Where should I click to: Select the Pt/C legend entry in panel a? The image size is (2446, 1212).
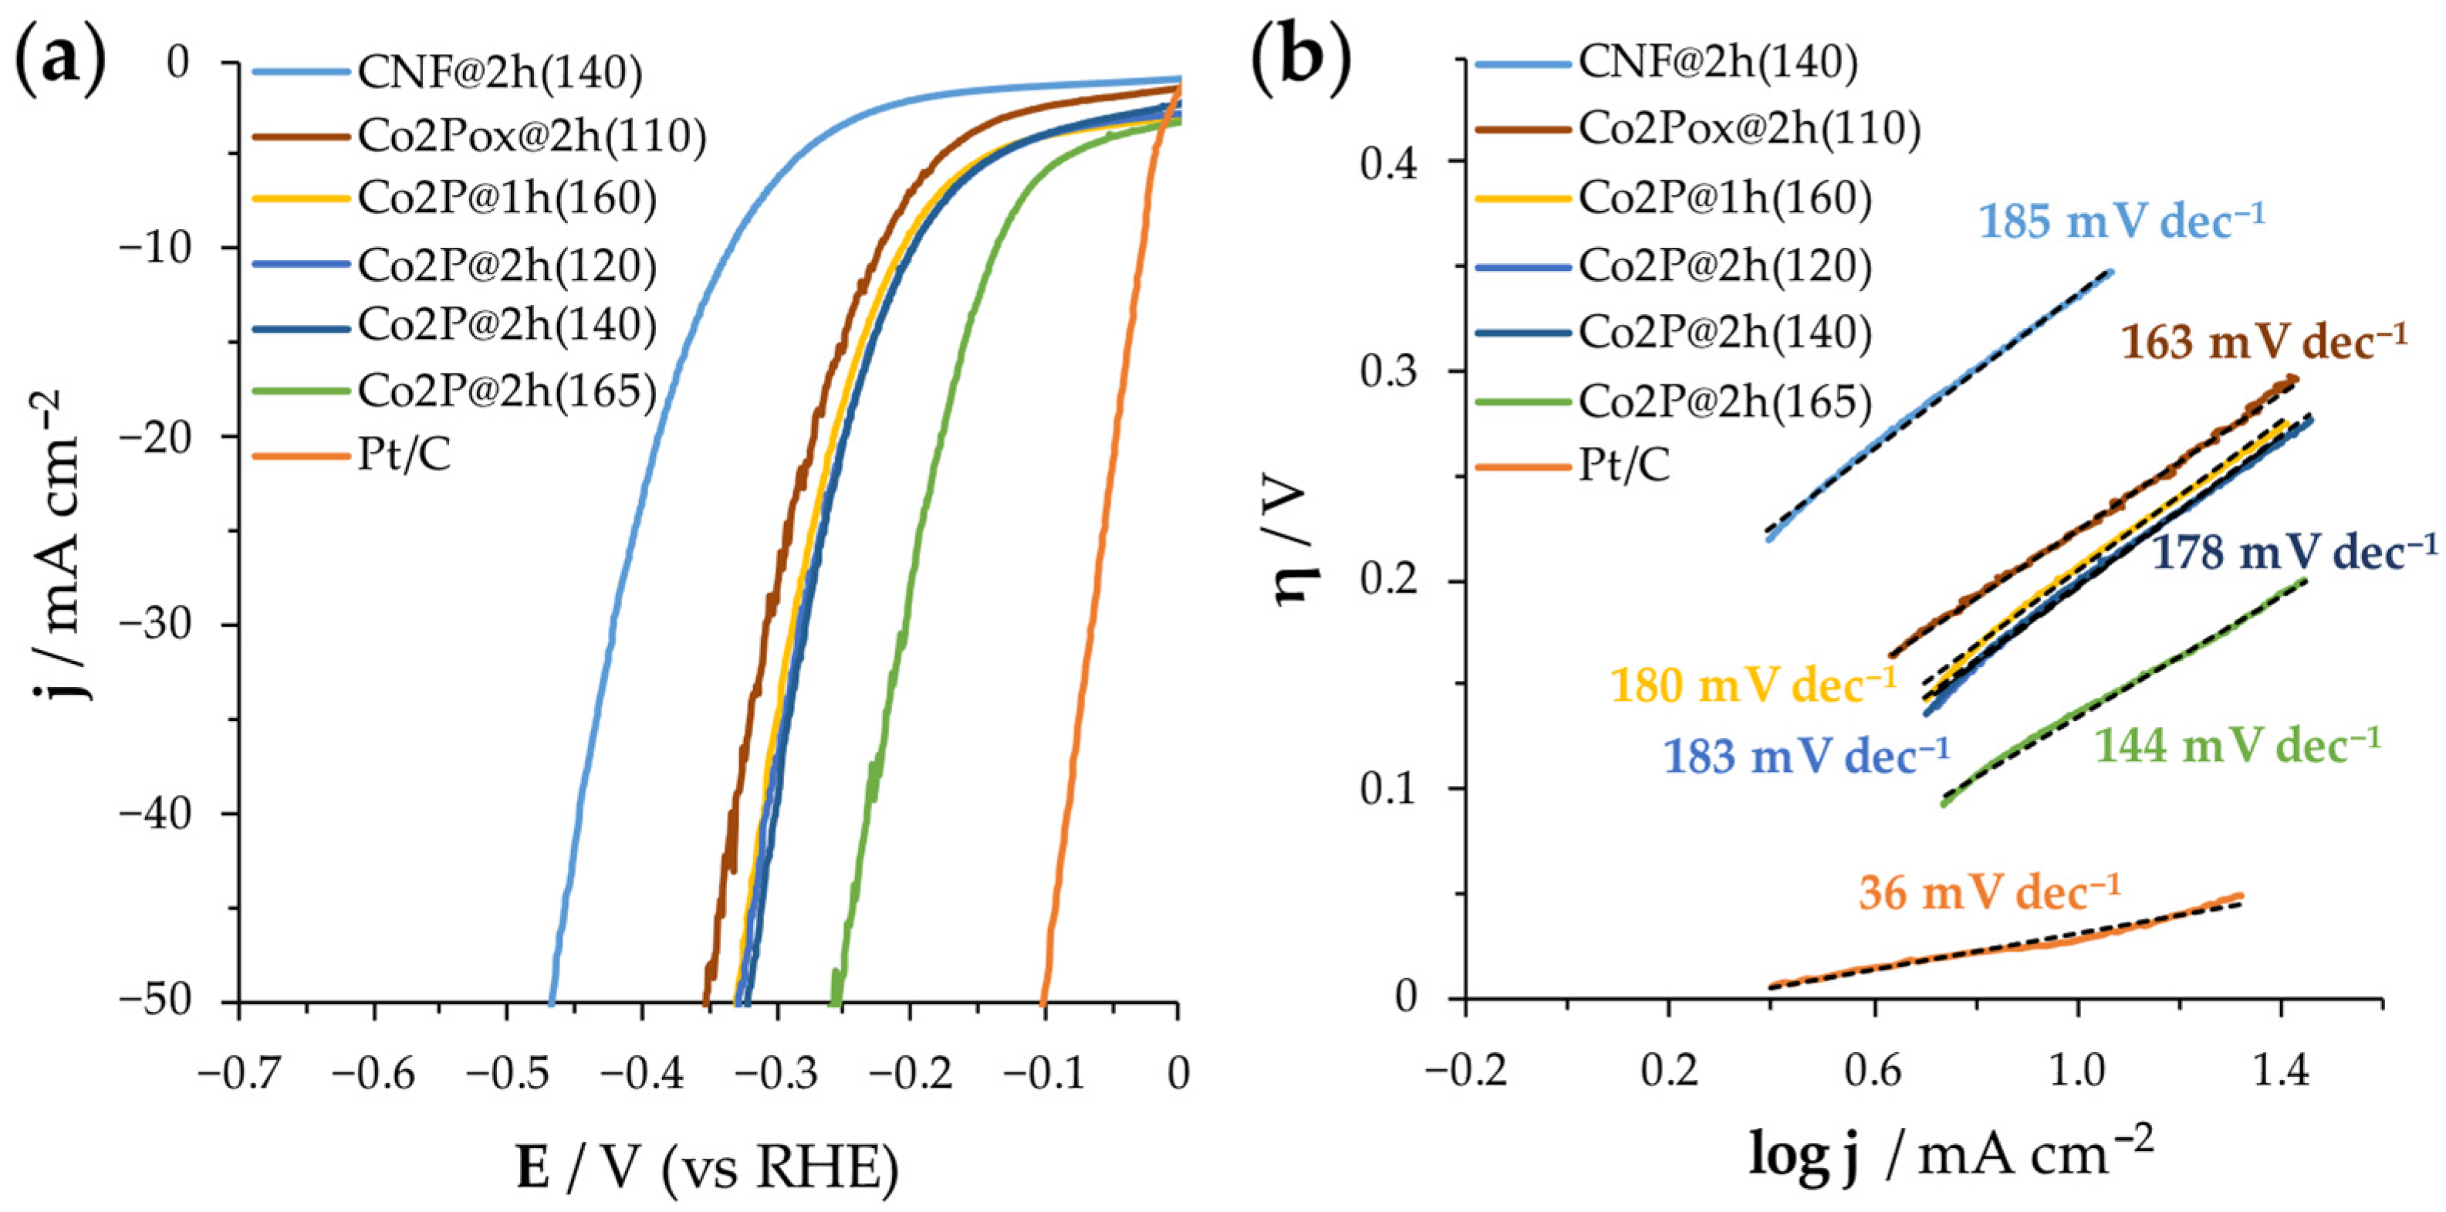(x=404, y=457)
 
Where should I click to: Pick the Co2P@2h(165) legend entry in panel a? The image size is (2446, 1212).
(x=506, y=391)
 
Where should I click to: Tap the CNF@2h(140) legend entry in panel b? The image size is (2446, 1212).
(x=1718, y=62)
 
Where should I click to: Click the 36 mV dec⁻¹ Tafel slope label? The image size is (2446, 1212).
(x=1988, y=893)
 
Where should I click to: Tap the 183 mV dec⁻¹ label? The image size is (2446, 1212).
(x=1805, y=756)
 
